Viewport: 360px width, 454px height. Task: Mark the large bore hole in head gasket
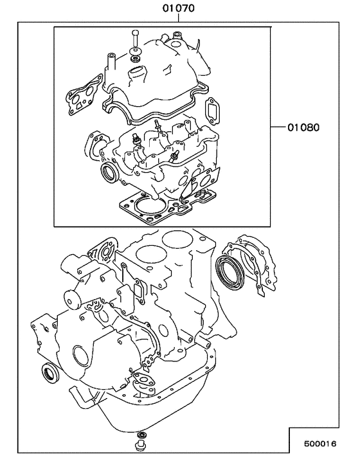tap(149, 206)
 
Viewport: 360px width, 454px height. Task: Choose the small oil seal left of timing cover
tap(48, 371)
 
